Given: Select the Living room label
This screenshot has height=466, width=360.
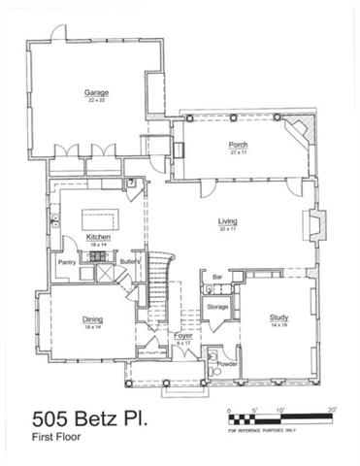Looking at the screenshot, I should click(227, 221).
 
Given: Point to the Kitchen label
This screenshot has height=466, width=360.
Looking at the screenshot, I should click(98, 237).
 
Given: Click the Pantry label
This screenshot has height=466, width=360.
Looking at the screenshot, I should click(66, 262).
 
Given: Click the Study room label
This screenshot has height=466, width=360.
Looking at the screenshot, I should click(279, 317).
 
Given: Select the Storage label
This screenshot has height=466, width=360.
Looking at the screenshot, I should click(217, 308).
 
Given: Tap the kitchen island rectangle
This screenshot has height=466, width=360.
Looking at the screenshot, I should click(98, 214).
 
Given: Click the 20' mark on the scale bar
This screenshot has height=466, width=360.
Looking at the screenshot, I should click(332, 412).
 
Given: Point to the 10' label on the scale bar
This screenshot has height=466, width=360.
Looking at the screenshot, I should click(279, 412).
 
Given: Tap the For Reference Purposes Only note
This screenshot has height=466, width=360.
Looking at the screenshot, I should click(262, 429).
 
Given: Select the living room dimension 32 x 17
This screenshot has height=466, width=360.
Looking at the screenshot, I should click(227, 228).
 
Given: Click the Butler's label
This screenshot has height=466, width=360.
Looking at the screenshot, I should click(132, 262).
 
